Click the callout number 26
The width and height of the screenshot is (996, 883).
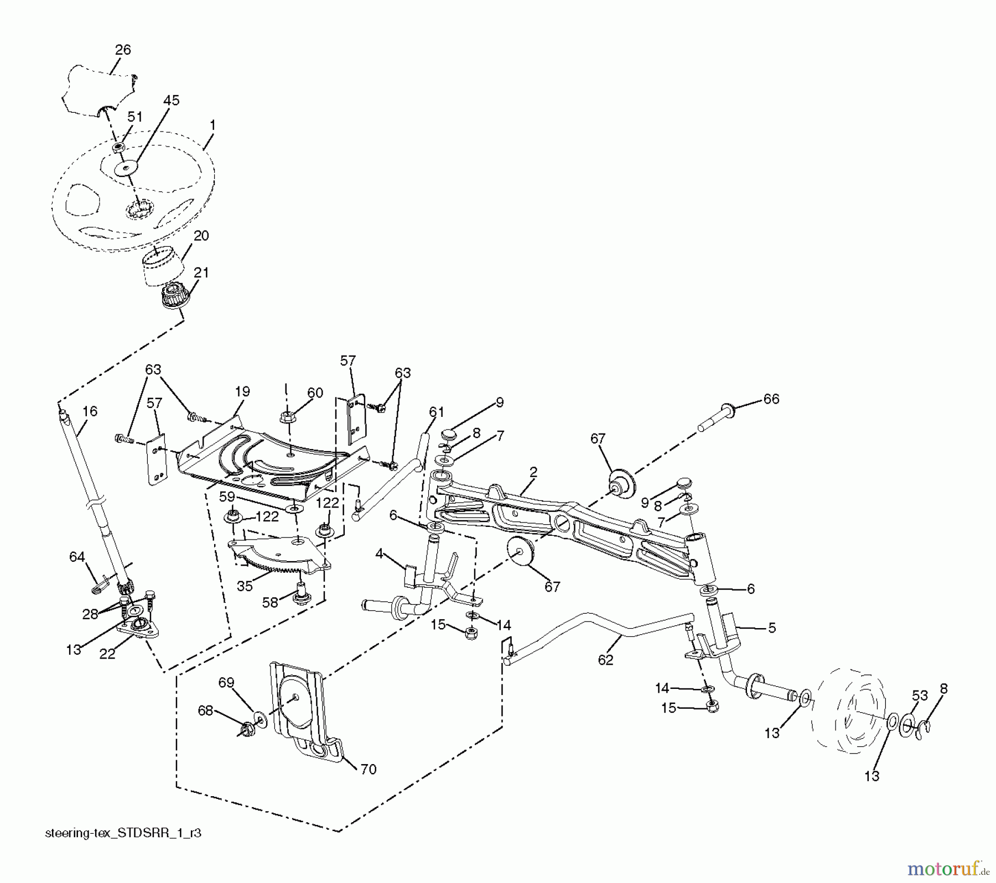(123, 50)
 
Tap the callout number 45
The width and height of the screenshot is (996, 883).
(172, 101)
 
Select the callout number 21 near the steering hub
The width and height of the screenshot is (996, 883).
(201, 273)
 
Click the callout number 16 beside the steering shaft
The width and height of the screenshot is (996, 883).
(90, 411)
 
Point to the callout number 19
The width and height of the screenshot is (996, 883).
(242, 391)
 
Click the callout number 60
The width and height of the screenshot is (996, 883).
(315, 393)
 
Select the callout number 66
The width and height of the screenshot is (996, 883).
(771, 399)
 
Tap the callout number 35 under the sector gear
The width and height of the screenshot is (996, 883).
(245, 586)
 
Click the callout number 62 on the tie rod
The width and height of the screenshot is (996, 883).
(605, 660)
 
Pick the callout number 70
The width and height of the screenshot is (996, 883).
(369, 769)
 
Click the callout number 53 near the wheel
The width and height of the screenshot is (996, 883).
(920, 696)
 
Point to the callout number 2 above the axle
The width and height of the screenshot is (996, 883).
(533, 472)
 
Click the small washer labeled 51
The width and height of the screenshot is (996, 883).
(118, 148)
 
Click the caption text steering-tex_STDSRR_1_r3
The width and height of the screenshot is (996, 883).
(123, 833)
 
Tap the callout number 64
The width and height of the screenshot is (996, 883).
(77, 556)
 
